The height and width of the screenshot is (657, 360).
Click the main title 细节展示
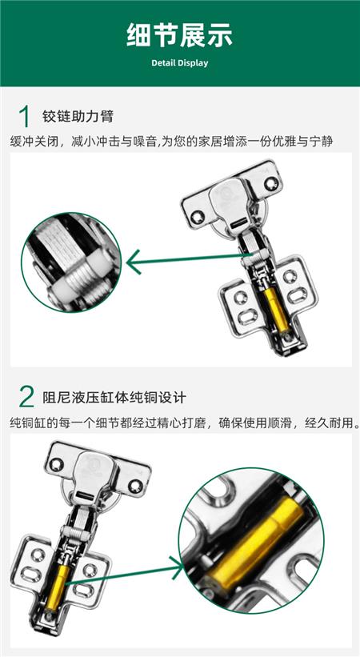click(179, 35)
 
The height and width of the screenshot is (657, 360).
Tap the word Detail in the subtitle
click(163, 63)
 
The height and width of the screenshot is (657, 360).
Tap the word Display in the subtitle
click(193, 63)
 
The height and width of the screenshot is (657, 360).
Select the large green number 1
click(25, 116)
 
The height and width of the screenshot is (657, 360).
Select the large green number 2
click(26, 397)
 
